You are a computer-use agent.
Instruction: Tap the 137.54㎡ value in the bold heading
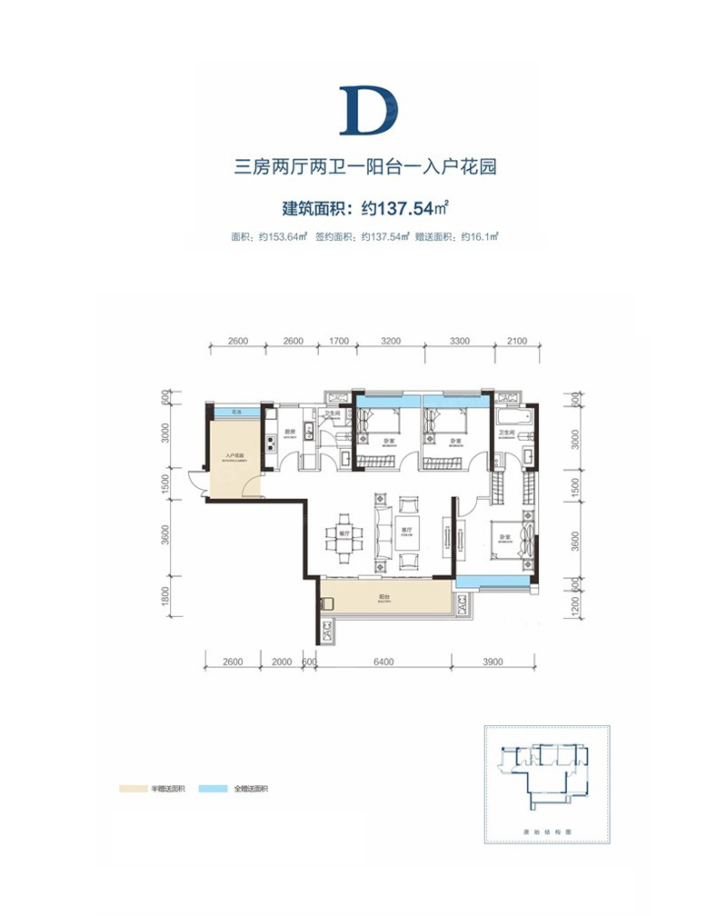pos(405,208)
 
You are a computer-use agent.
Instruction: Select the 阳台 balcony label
pos(385,599)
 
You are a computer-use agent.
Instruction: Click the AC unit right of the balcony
pos(462,602)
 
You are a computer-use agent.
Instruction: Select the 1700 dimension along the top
pos(338,342)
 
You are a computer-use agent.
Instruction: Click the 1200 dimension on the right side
pos(575,604)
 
